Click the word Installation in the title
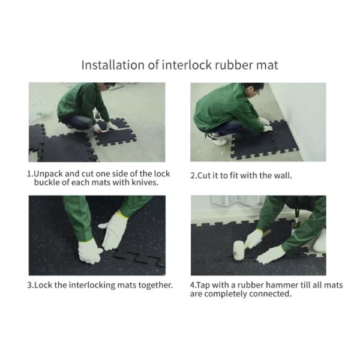[113, 65]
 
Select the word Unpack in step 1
[48, 174]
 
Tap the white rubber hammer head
[238, 250]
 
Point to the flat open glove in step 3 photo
[114, 231]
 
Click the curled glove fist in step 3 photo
[89, 251]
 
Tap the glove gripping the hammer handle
[253, 239]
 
